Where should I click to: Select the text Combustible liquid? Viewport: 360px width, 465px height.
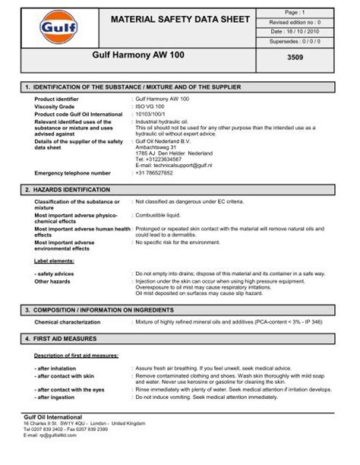[161, 216]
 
